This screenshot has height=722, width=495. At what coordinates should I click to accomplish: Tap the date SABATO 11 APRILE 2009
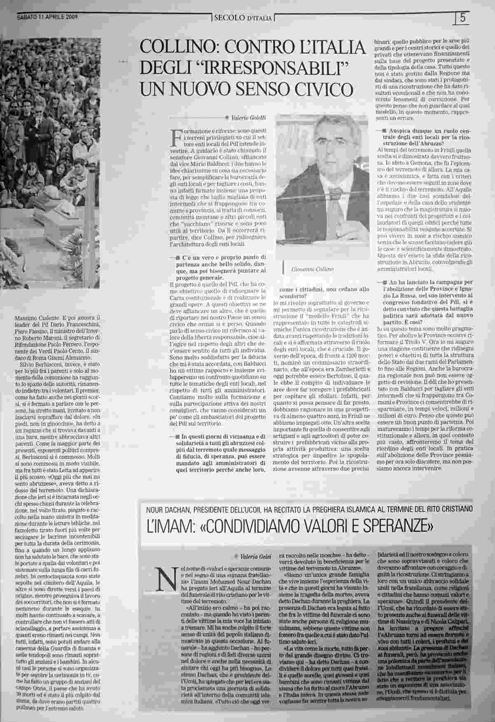47,17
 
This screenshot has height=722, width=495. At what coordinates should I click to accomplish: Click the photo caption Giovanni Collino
312,269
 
